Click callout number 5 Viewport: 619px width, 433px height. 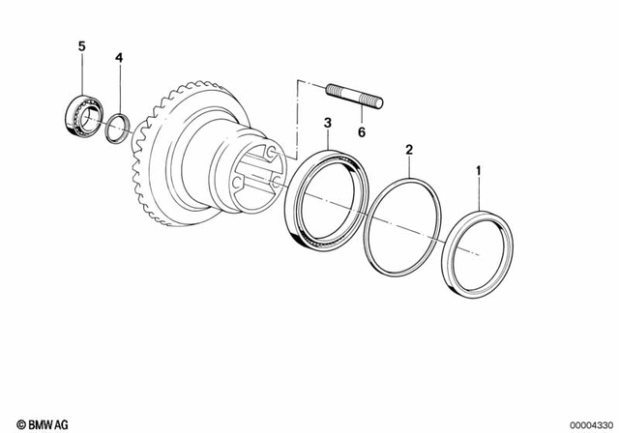(81, 45)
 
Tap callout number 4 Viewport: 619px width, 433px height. (119, 58)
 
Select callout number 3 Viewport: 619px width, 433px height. (328, 123)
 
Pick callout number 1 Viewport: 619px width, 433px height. (476, 175)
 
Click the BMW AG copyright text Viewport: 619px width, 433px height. (33, 421)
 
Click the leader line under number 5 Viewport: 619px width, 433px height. (82, 72)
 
